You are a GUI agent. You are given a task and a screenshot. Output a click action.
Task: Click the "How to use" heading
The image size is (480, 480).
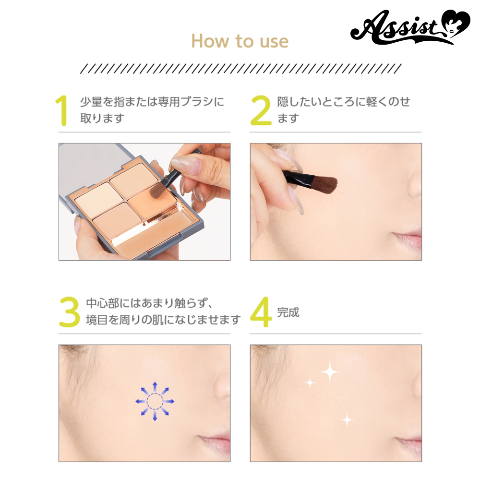click(x=240, y=41)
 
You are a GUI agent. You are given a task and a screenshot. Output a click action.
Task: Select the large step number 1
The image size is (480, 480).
click(x=62, y=110)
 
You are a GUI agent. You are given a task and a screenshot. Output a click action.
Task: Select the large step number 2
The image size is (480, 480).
click(x=261, y=110)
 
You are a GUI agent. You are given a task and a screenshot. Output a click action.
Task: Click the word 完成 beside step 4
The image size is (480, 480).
click(x=288, y=312)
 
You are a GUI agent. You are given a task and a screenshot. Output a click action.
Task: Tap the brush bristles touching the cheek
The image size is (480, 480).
click(x=325, y=185)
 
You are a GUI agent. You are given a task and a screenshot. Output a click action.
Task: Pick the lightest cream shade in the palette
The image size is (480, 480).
click(x=95, y=196)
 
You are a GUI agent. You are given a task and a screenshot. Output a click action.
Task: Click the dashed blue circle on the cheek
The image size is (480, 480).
click(x=155, y=401)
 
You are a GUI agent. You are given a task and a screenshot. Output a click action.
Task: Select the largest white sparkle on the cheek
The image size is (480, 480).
click(x=330, y=372)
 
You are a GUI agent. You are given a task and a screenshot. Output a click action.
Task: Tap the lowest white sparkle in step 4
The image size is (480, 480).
click(x=347, y=420)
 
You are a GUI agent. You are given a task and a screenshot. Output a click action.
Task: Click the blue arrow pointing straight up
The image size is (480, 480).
click(x=155, y=386)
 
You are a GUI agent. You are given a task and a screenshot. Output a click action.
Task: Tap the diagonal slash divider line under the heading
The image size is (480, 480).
click(x=240, y=69)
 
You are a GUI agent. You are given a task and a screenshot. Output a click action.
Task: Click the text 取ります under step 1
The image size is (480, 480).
click(x=102, y=118)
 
